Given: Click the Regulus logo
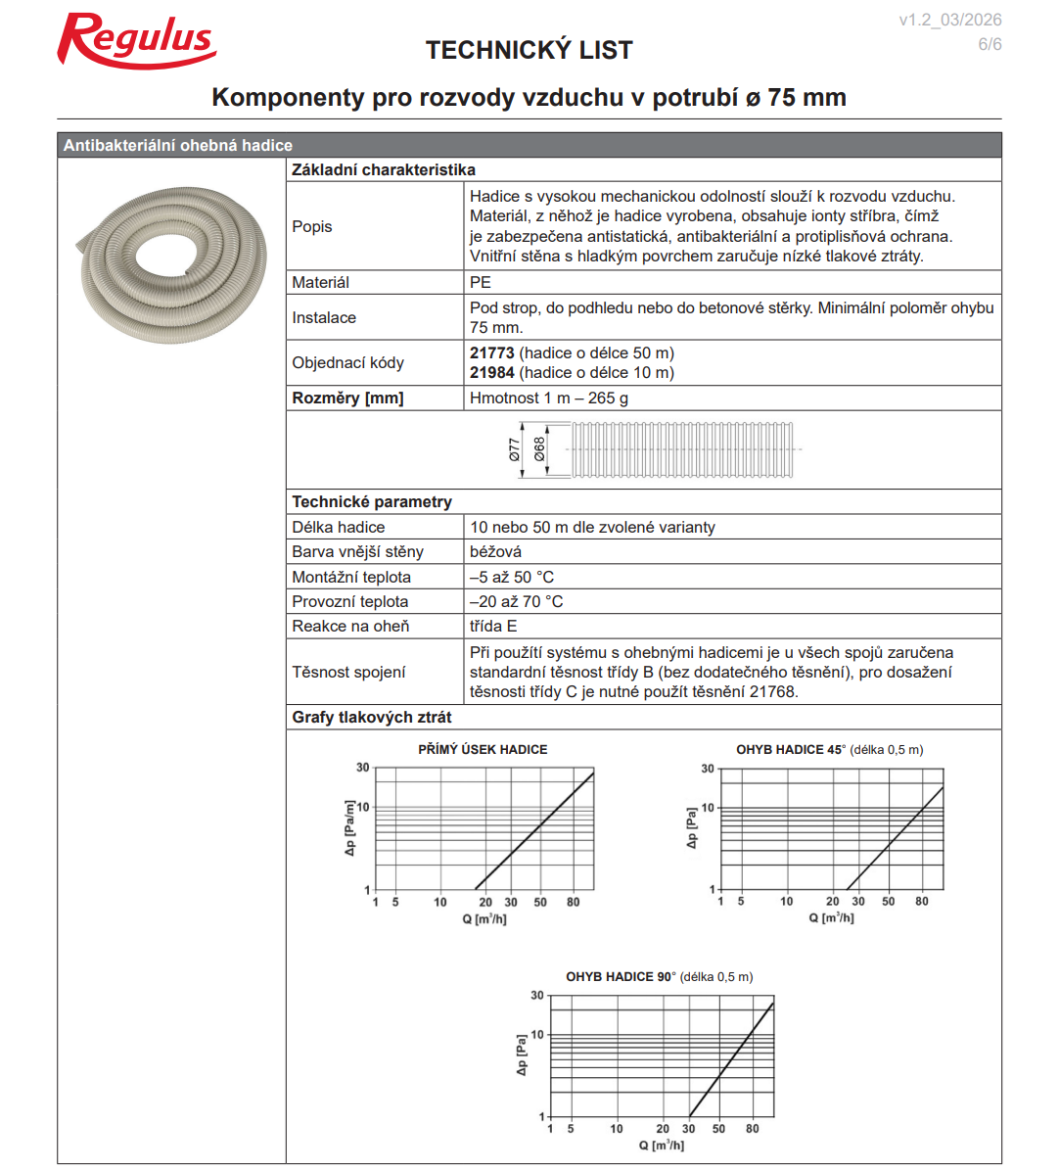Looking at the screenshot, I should (136, 41).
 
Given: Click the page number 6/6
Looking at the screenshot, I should (990, 44).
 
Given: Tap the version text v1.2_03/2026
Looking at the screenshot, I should (949, 20).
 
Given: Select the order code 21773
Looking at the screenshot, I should (491, 352).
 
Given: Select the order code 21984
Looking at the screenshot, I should (491, 372).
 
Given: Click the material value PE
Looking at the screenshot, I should (480, 282).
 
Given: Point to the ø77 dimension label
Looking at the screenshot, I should (515, 450).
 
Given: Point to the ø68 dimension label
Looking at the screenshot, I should (539, 450).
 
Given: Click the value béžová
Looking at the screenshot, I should (495, 551).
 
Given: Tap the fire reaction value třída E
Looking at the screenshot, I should (493, 626).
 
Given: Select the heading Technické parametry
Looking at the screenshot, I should (372, 501).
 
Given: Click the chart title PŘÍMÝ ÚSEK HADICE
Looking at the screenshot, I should (483, 749).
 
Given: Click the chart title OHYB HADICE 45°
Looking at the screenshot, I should (789, 749).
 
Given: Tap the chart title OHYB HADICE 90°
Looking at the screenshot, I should (621, 976).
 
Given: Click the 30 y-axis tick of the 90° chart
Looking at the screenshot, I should (537, 995).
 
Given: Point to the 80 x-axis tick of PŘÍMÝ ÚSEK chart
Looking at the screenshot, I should (573, 902).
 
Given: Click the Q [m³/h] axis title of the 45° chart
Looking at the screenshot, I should (831, 917).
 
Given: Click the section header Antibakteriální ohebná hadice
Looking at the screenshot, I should (178, 145).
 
